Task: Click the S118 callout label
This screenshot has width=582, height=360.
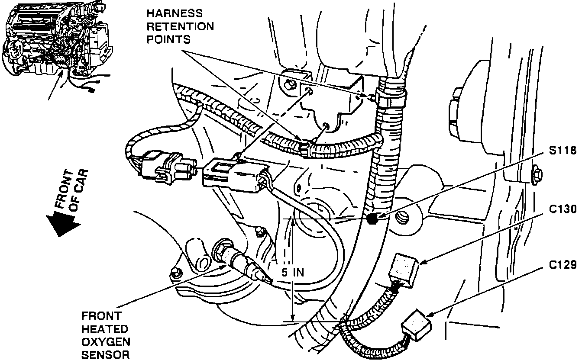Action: [561, 151]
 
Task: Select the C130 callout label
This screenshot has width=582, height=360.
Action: [561, 209]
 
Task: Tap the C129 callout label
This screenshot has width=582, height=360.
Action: [561, 264]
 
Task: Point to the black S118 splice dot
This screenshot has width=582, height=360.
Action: [372, 219]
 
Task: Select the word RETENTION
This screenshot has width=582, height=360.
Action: [180, 27]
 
